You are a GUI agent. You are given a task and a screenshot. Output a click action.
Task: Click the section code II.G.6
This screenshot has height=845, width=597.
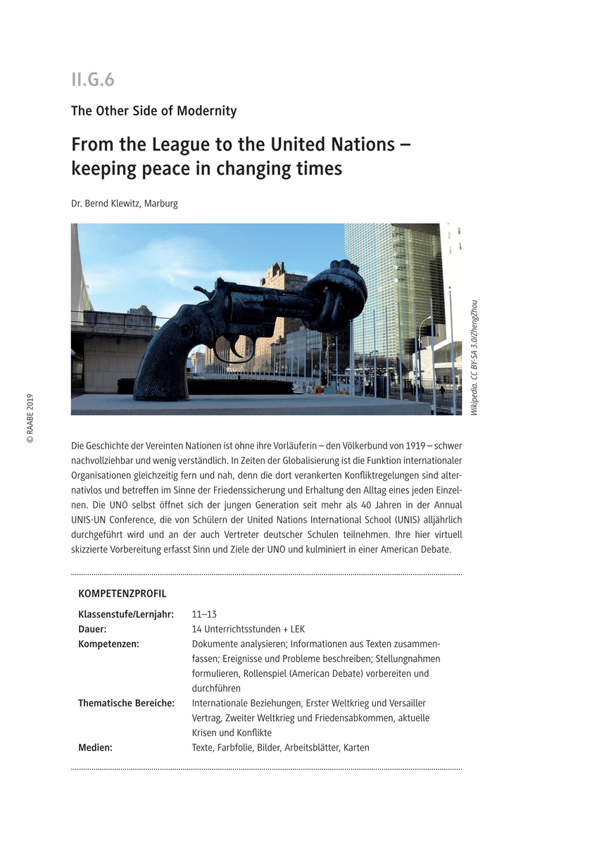92,80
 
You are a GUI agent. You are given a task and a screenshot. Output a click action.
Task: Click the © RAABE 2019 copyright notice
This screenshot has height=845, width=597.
30,418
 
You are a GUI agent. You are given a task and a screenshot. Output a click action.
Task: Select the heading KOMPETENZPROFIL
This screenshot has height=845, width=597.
122,594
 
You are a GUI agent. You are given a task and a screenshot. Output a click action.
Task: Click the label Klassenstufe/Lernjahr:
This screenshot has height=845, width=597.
126,614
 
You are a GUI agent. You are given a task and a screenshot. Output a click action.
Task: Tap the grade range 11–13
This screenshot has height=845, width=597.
204,614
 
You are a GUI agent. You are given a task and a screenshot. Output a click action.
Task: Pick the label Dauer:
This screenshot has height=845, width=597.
92,629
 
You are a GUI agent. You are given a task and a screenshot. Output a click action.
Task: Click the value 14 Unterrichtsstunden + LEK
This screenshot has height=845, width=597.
249,629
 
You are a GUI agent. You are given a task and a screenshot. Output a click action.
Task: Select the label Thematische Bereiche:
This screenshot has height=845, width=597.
126,703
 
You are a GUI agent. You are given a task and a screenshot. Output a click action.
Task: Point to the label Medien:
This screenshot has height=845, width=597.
95,747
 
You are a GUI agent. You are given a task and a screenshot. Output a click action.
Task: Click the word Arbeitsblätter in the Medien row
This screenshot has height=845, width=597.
311,747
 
